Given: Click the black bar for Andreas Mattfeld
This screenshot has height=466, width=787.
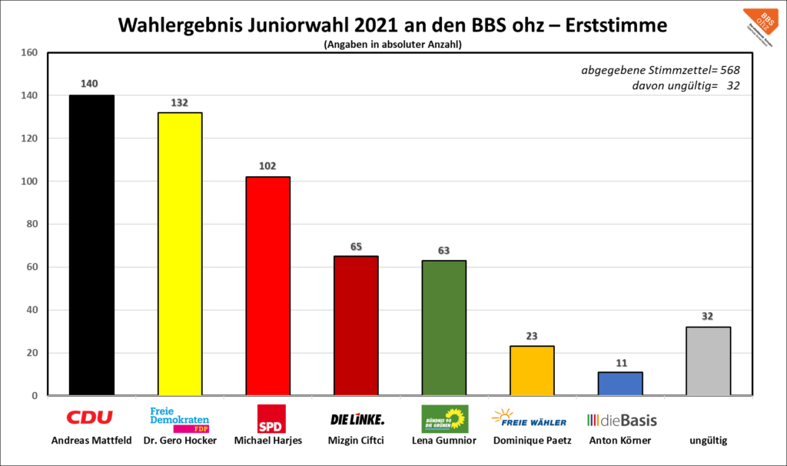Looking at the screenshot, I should coord(91,245).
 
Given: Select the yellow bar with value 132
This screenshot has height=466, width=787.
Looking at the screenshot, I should coord(180,254).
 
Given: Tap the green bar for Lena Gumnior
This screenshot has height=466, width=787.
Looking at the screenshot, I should coord(444,328).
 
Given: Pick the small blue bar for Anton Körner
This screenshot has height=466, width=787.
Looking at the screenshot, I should coord(620,384).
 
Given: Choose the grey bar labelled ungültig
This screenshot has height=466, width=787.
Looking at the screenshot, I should coord(709,361).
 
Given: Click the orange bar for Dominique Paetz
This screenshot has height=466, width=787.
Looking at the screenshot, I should coord(532,371).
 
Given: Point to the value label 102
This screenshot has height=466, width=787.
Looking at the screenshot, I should coord(267,166).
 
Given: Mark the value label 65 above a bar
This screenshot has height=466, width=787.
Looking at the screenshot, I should coord(356,245).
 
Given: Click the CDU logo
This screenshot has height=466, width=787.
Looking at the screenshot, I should coord(89,418).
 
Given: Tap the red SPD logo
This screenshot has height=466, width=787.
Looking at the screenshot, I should coord(271,419).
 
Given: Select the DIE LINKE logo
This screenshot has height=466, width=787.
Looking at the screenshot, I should coord(357,419).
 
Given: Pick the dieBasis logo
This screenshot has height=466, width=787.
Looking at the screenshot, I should coord(622,420).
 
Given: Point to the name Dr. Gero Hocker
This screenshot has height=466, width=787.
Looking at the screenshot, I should coord(180,441).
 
